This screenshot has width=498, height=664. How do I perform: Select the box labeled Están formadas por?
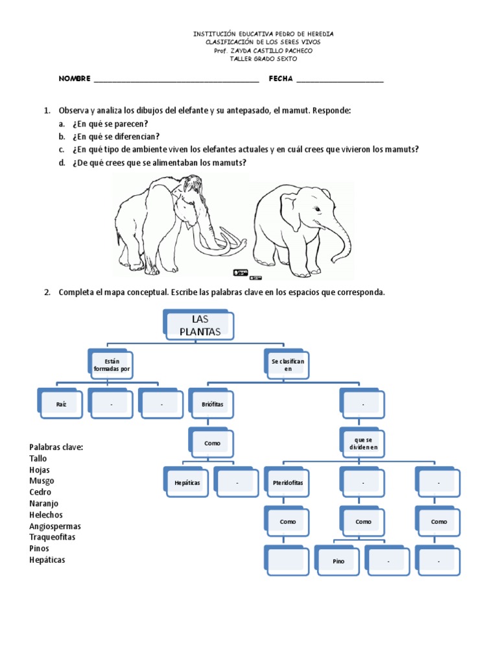coord(112,364)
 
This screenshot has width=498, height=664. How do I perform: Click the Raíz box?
coord(62,404)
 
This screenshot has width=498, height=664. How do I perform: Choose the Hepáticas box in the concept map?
coord(187,482)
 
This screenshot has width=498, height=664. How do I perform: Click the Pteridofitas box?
coord(288,482)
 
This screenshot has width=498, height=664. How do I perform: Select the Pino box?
coord(338,561)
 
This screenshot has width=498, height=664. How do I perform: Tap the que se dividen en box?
coord(363,444)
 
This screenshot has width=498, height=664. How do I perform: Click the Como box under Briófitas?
coord(212,444)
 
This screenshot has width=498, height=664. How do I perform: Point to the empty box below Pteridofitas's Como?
coord(288,561)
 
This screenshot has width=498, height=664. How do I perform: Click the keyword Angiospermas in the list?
coord(55,526)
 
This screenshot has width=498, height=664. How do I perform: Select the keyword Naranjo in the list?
coord(45,503)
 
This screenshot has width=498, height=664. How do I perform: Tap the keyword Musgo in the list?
coord(41,480)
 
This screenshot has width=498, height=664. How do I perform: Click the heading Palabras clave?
coord(56,447)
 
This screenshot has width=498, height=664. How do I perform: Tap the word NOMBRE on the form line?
coord(75,78)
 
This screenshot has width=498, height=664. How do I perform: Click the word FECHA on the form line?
coord(281,78)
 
